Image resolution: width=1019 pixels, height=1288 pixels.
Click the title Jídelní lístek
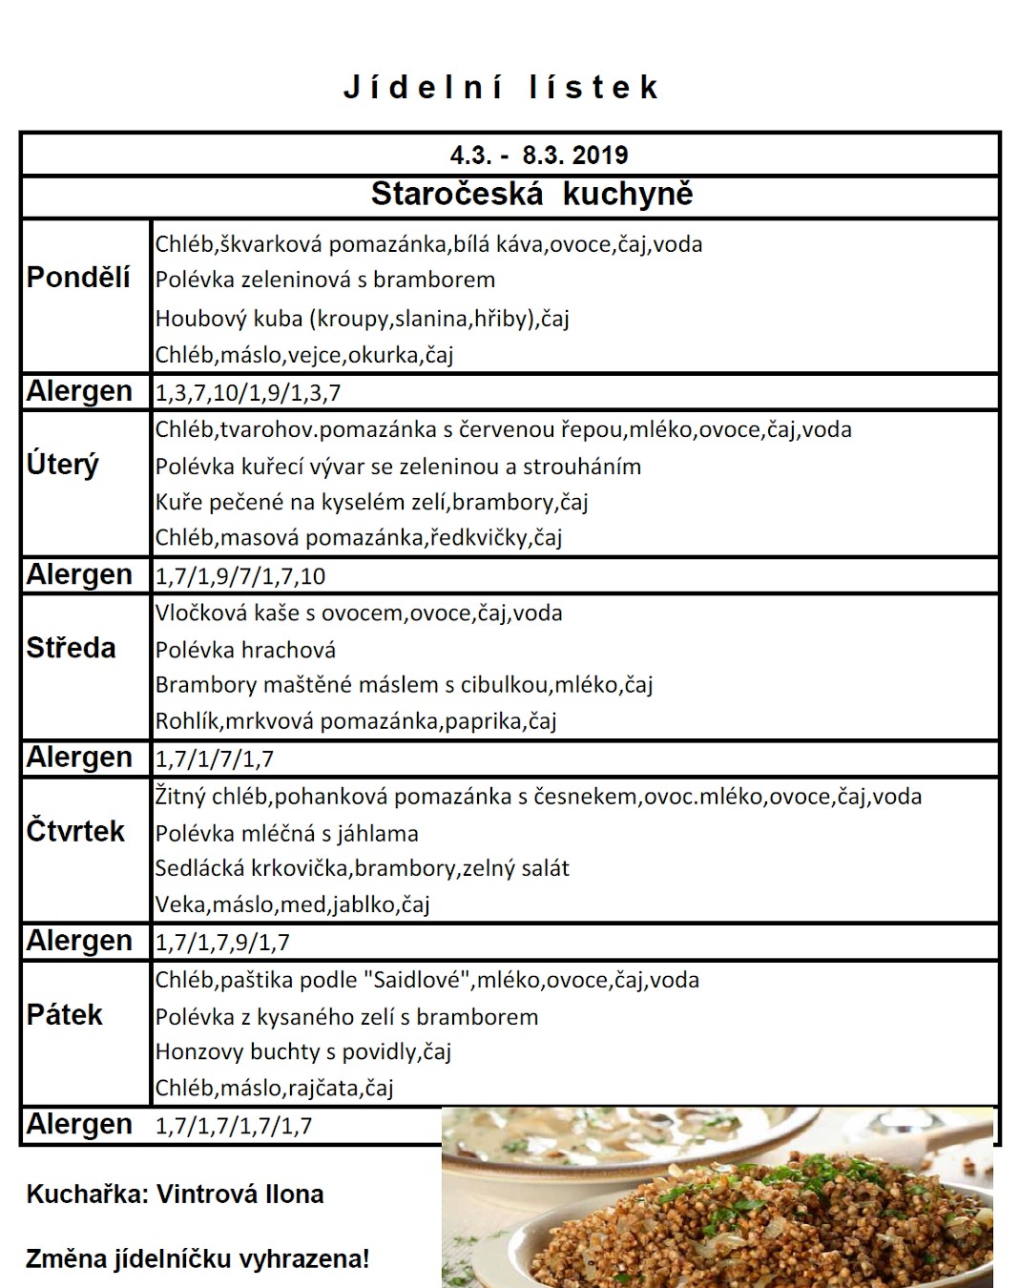(x=501, y=88)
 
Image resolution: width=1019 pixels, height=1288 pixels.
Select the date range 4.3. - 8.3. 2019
(x=539, y=155)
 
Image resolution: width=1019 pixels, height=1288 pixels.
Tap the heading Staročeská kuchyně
(x=531, y=194)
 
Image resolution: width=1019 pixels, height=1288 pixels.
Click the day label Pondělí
(x=78, y=278)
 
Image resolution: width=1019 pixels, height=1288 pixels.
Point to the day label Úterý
(x=63, y=465)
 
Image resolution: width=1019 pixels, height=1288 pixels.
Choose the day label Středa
(x=72, y=648)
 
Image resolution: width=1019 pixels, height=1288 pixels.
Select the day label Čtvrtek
(x=75, y=831)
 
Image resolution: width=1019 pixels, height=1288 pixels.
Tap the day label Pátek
(x=64, y=1014)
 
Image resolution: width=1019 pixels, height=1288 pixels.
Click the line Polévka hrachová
(x=246, y=651)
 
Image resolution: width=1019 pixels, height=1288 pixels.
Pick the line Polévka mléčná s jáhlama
(x=287, y=834)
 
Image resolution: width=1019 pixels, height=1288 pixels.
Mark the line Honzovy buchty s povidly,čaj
(x=303, y=1051)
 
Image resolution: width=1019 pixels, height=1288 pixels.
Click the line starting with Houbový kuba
(x=363, y=319)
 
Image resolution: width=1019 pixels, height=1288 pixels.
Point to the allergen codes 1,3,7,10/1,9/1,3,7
(x=248, y=392)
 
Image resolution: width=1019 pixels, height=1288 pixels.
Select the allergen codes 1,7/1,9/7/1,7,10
(x=240, y=576)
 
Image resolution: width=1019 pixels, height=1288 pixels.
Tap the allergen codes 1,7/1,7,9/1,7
(x=222, y=943)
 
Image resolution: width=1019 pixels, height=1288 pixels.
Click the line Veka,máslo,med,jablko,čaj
(x=293, y=904)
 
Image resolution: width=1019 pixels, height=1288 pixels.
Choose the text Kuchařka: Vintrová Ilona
(x=175, y=1195)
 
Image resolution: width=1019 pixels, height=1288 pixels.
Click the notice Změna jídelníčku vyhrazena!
(x=198, y=1259)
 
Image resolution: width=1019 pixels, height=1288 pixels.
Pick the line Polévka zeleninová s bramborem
(x=325, y=280)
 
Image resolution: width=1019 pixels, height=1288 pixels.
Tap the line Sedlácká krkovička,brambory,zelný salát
(x=363, y=868)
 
